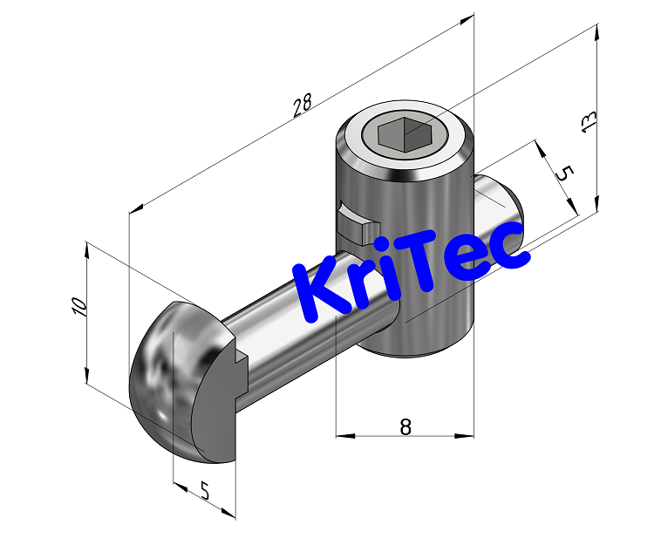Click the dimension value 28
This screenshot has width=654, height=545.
click(x=302, y=106)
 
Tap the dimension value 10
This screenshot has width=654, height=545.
click(x=78, y=306)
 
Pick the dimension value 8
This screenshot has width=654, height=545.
click(x=405, y=426)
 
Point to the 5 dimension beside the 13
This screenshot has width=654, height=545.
click(x=563, y=173)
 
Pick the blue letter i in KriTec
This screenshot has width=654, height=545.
click(x=394, y=276)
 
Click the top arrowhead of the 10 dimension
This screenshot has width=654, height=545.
click(x=86, y=249)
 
